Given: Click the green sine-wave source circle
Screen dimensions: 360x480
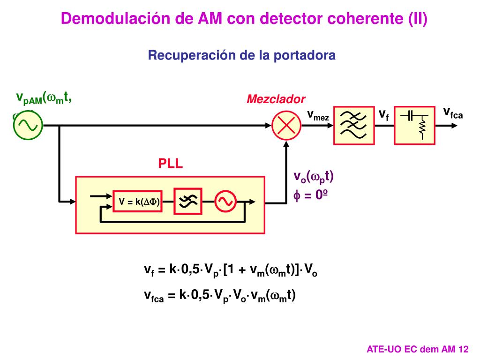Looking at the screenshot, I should (x=28, y=126).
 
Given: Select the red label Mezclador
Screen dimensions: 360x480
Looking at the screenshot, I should (x=276, y=99).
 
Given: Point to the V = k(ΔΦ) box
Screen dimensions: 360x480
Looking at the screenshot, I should (x=139, y=202).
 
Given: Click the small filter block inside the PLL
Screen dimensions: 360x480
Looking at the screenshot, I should (x=188, y=202).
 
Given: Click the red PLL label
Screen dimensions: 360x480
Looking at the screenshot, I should (x=170, y=164).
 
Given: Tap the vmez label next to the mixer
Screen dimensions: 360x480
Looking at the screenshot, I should (x=318, y=115).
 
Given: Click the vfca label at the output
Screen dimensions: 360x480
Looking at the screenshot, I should (x=453, y=113).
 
